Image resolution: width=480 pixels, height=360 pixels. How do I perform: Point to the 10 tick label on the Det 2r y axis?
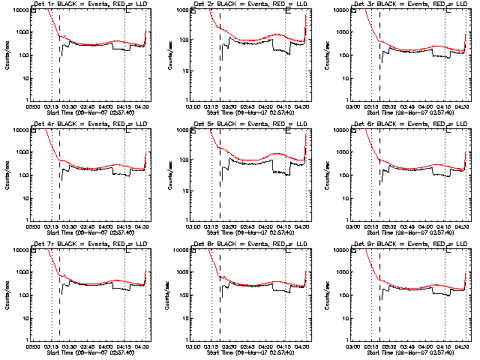tap(184, 78)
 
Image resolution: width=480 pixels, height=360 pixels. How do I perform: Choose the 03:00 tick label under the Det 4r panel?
tap(33, 226)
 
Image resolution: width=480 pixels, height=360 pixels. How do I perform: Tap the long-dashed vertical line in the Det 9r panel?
tap(380, 300)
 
